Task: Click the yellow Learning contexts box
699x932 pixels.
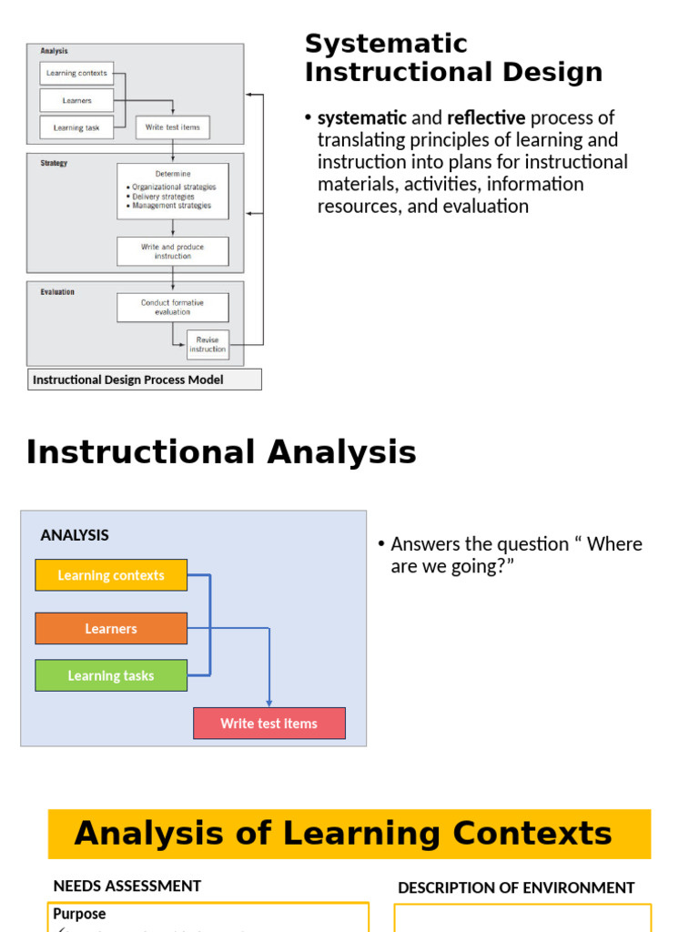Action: (x=111, y=575)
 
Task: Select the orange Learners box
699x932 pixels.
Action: (x=111, y=629)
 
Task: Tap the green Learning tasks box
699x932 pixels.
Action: (x=111, y=675)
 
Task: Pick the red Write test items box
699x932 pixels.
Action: (x=269, y=724)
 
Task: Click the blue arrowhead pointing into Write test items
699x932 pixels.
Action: (x=269, y=702)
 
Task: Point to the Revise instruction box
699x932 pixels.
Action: (x=208, y=345)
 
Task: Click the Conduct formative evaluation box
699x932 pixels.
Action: (x=173, y=308)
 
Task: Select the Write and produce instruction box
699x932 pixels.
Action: (x=173, y=251)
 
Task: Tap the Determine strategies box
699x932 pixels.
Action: (x=173, y=191)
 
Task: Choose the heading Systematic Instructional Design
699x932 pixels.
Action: (x=453, y=57)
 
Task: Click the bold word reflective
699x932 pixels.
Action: (x=486, y=118)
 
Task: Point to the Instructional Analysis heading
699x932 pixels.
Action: (x=221, y=452)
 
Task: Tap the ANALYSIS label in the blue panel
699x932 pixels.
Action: (x=75, y=535)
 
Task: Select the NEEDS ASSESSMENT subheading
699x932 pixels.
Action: (x=127, y=886)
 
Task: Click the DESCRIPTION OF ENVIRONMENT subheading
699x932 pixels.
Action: (x=516, y=887)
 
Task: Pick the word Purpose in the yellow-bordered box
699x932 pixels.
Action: (x=79, y=914)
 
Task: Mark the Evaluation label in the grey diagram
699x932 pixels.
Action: (x=57, y=292)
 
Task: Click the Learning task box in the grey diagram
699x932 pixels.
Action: (x=76, y=127)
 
